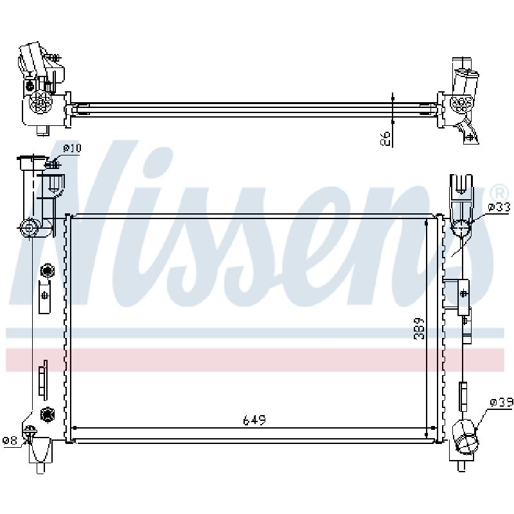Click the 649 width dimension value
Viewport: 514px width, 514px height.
pyautogui.click(x=254, y=420)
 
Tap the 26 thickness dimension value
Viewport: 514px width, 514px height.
pyautogui.click(x=384, y=139)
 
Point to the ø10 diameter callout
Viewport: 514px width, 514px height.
pyautogui.click(x=72, y=148)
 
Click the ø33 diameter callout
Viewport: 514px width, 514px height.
pyautogui.click(x=499, y=207)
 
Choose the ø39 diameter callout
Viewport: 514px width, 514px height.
pyautogui.click(x=502, y=403)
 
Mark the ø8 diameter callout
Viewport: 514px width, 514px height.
pyautogui.click(x=10, y=440)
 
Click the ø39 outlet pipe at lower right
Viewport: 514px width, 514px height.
pyautogui.click(x=465, y=438)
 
